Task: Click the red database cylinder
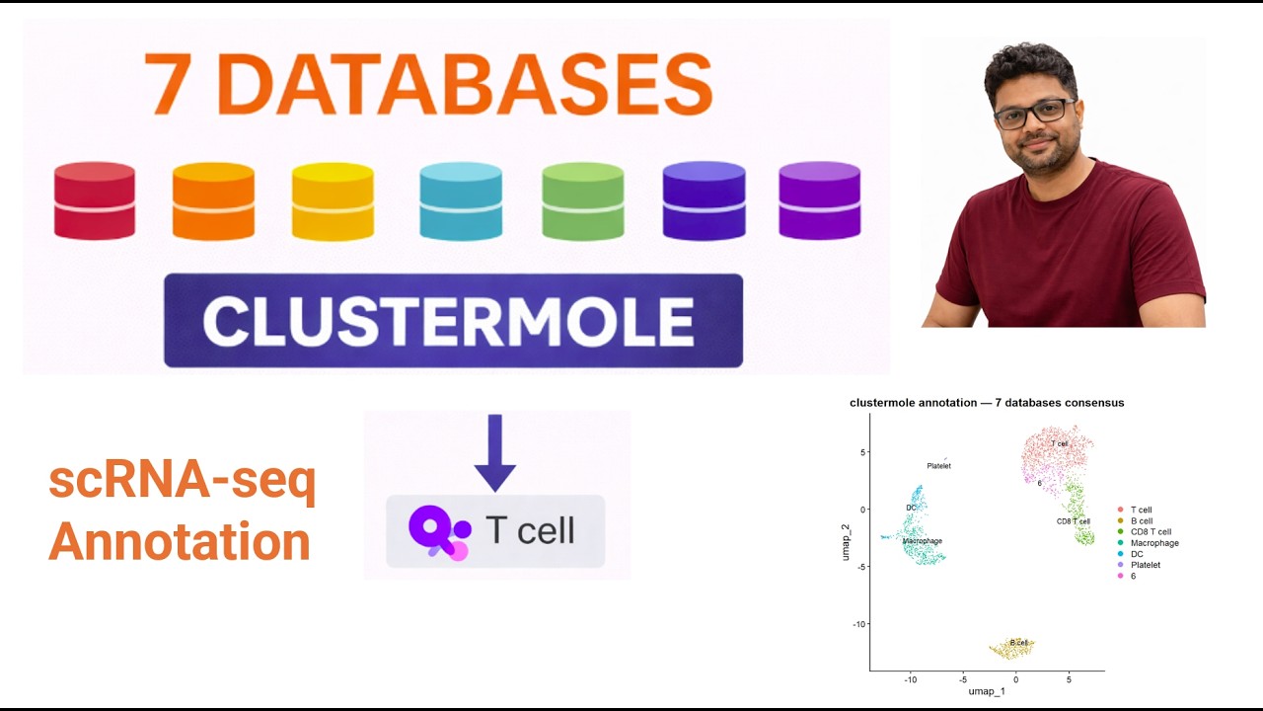coord(94,200)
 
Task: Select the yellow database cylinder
coord(333,201)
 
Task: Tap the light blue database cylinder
coord(460,201)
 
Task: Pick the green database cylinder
coord(582,201)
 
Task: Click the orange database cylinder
coord(213,200)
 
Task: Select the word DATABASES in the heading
coord(470,84)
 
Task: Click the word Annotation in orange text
coord(180,541)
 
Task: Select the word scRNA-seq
coord(183,481)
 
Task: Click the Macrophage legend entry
coord(1153,543)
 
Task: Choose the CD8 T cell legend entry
coord(1151,532)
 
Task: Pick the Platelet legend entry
coord(1145,565)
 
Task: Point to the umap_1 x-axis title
coord(987,691)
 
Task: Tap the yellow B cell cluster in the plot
coord(1012,648)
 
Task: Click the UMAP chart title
coord(987,403)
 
